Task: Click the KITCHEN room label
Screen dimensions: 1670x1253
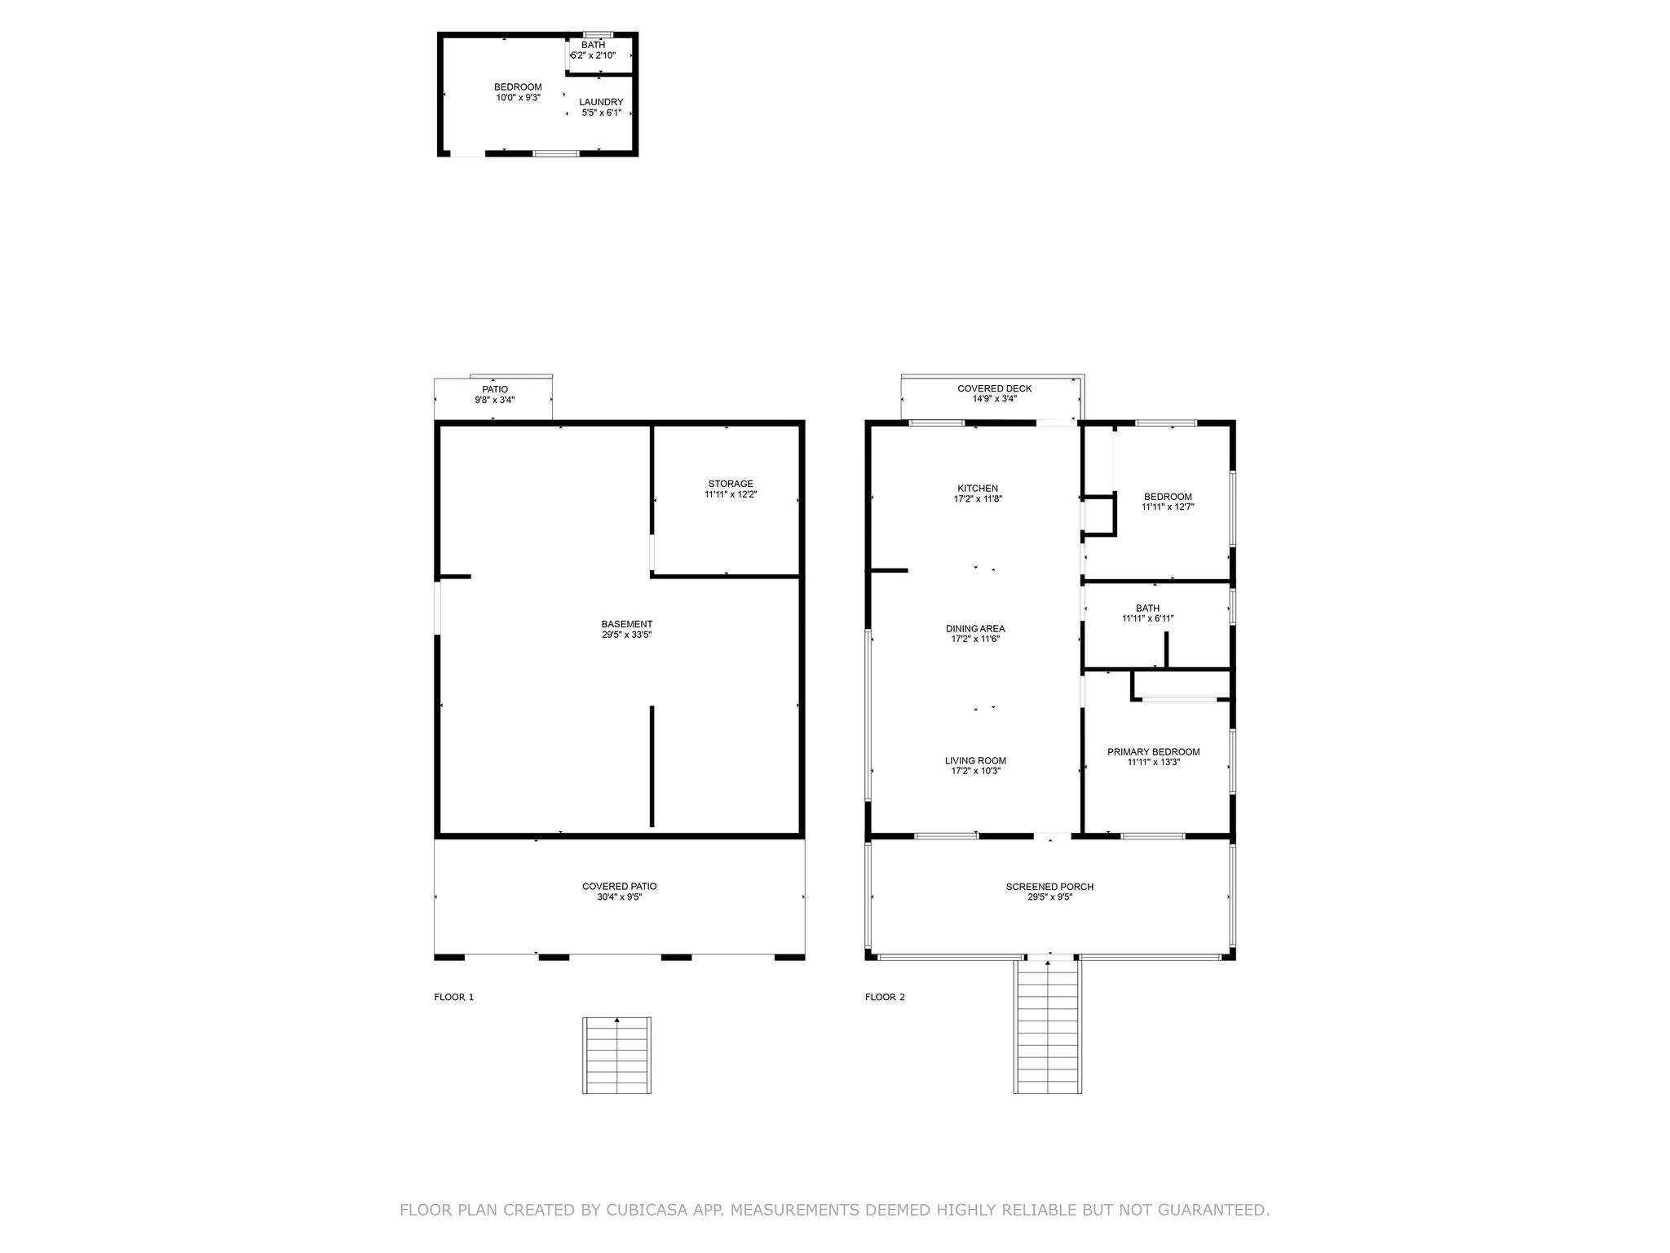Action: (977, 489)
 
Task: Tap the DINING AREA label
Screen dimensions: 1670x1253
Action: (975, 629)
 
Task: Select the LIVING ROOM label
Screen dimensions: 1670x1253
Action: (975, 761)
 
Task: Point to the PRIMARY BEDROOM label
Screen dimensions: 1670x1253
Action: (1153, 752)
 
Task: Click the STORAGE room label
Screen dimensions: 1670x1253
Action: (731, 484)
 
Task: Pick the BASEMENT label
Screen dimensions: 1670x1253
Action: (627, 624)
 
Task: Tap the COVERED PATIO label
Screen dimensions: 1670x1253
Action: (619, 887)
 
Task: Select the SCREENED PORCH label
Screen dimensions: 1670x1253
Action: (1049, 887)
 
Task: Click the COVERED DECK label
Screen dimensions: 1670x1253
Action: (994, 388)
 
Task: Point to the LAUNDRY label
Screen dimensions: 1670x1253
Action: (601, 102)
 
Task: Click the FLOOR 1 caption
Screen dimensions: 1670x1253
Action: (453, 997)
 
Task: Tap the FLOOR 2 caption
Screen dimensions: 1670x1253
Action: (885, 997)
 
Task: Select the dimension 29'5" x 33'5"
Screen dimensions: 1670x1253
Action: (626, 635)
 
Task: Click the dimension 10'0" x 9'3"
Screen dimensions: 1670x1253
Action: (518, 98)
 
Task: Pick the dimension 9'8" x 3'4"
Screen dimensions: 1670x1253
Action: (495, 400)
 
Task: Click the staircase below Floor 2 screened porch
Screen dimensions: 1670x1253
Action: (1048, 1026)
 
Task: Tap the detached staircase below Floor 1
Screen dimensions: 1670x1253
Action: (616, 1055)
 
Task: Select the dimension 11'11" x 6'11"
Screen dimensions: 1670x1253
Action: (1147, 618)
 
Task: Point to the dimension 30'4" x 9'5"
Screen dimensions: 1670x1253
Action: (619, 897)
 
